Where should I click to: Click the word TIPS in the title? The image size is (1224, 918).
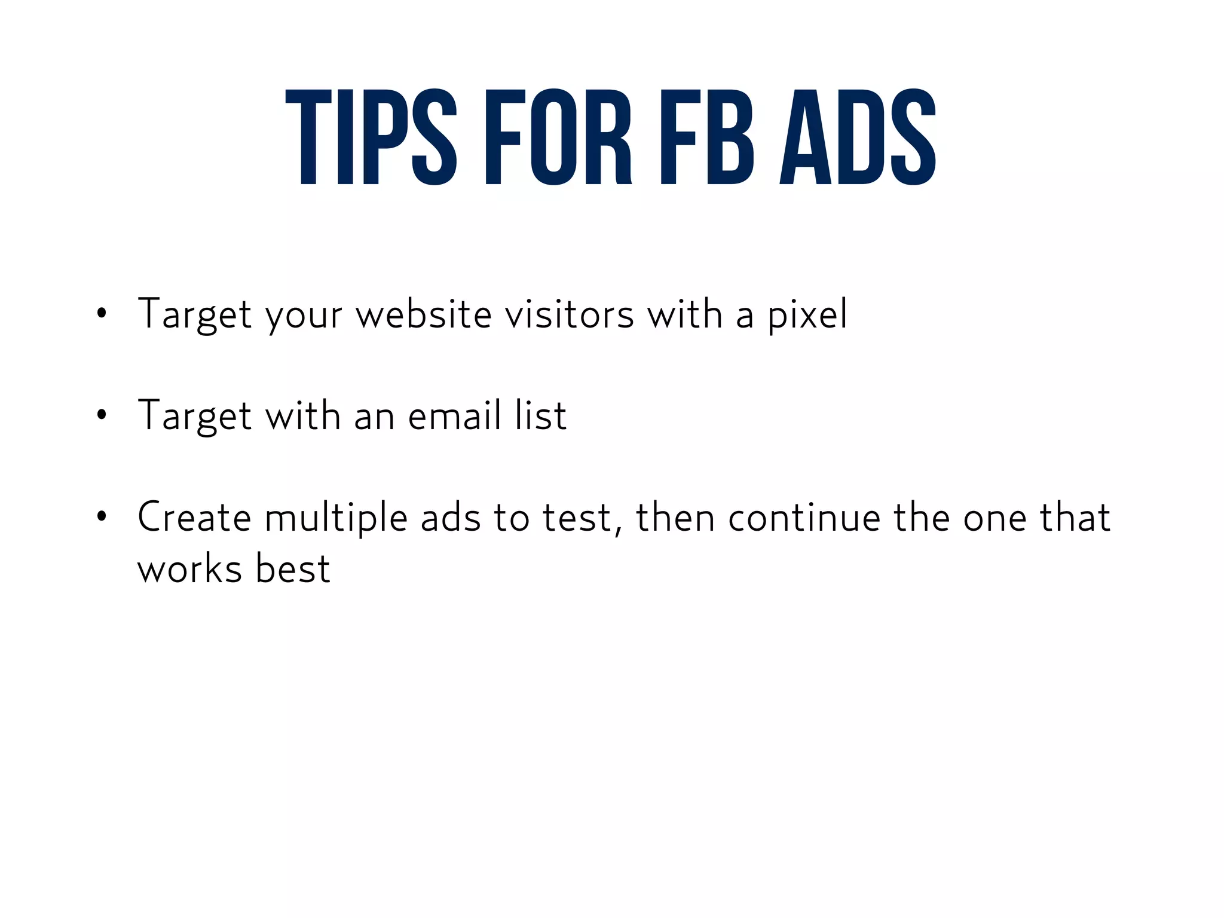click(x=371, y=137)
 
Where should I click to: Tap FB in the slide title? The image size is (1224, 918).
click(x=706, y=137)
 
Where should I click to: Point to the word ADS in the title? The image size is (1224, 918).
click(x=858, y=137)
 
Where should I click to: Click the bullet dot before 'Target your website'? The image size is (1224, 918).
click(x=102, y=313)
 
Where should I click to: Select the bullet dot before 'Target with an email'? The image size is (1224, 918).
click(x=102, y=414)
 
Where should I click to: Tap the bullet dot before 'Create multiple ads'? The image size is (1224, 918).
click(x=102, y=516)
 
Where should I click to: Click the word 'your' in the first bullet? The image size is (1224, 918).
click(x=304, y=314)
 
